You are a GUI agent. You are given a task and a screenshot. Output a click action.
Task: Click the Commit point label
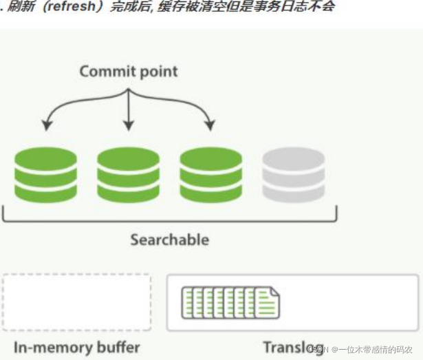coord(129,71)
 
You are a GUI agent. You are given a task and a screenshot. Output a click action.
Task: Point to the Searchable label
coord(169,240)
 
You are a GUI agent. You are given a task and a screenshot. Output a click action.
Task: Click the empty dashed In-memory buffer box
coord(76,302)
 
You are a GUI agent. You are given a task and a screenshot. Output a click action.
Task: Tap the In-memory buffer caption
coord(76,347)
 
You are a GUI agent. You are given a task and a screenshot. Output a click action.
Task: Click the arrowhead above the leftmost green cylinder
coord(46,126)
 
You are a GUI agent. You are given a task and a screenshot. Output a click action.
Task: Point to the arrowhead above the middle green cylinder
coord(128,126)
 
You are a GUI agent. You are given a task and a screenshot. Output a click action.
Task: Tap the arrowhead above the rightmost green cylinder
coord(210,126)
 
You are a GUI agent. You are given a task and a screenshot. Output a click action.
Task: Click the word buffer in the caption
coord(116,347)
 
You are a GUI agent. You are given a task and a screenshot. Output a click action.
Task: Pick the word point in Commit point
coord(158,71)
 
